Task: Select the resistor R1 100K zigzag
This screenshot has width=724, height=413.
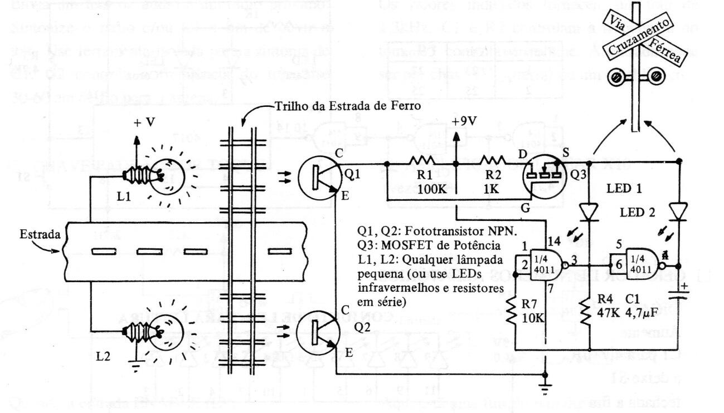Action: (x=422, y=163)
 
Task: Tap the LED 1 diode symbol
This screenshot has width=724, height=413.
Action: (x=589, y=212)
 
